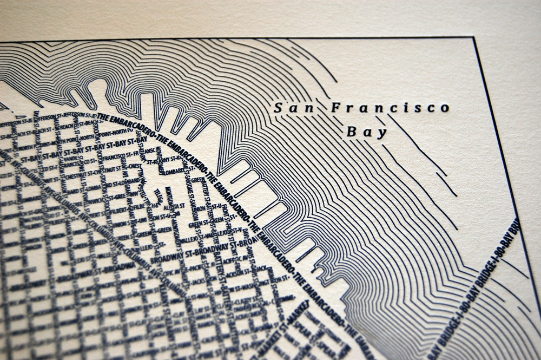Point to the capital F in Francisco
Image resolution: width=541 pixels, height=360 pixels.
coord(335,107)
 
